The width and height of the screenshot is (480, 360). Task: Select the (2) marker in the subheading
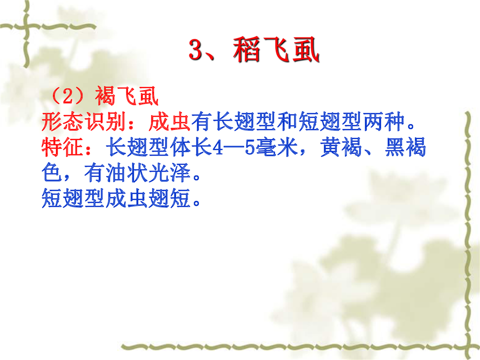(67, 96)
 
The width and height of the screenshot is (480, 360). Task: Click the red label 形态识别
(84, 122)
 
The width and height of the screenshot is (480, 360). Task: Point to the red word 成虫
(169, 122)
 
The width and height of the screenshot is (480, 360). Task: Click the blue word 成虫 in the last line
(126, 198)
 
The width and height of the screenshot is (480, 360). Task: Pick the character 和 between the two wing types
(287, 122)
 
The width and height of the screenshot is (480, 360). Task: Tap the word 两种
(383, 122)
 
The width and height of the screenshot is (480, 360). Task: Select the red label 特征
(62, 147)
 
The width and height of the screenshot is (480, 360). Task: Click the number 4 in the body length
(217, 147)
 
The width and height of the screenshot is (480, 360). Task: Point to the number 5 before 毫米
(250, 147)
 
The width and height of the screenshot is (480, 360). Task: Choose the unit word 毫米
(277, 147)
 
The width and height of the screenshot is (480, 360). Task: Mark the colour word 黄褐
(341, 147)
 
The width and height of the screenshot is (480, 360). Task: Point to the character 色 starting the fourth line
(52, 173)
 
